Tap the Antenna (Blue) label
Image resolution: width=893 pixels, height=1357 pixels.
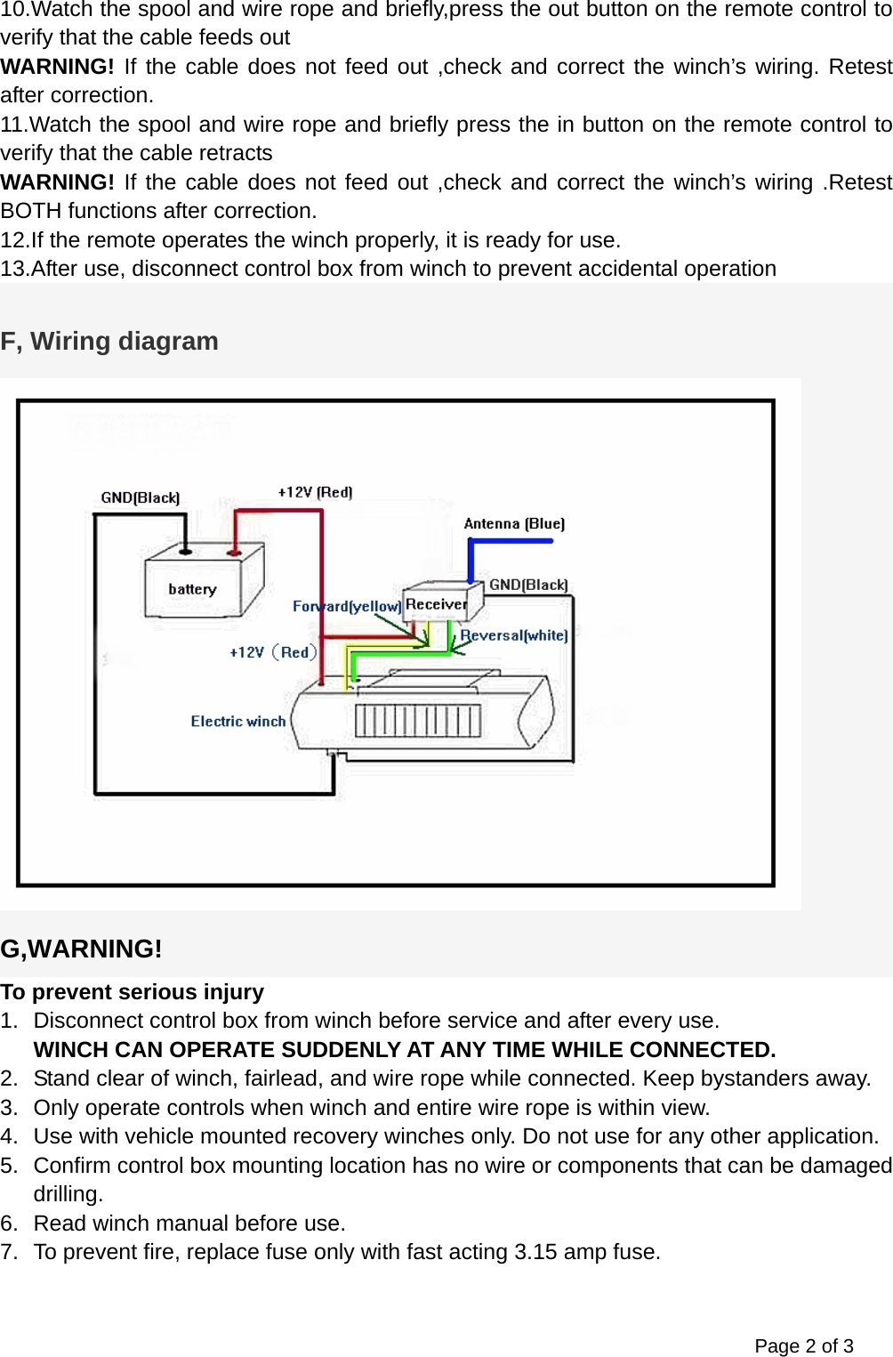[514, 523]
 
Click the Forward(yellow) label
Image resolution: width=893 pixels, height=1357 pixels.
[346, 606]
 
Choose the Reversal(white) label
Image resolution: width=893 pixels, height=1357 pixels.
[514, 635]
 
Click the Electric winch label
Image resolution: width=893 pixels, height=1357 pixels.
[237, 721]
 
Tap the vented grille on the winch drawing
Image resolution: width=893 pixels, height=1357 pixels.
[418, 721]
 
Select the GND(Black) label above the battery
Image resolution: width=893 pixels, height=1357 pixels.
[140, 497]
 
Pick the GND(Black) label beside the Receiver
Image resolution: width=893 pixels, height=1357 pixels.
[528, 585]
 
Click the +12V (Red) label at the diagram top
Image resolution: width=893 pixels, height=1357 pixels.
[315, 492]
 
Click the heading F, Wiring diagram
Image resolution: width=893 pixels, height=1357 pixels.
[109, 341]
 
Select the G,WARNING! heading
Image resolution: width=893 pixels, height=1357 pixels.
[81, 949]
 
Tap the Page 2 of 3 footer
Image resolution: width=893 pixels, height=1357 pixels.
[803, 1345]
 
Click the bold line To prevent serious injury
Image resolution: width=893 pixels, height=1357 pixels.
[132, 991]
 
